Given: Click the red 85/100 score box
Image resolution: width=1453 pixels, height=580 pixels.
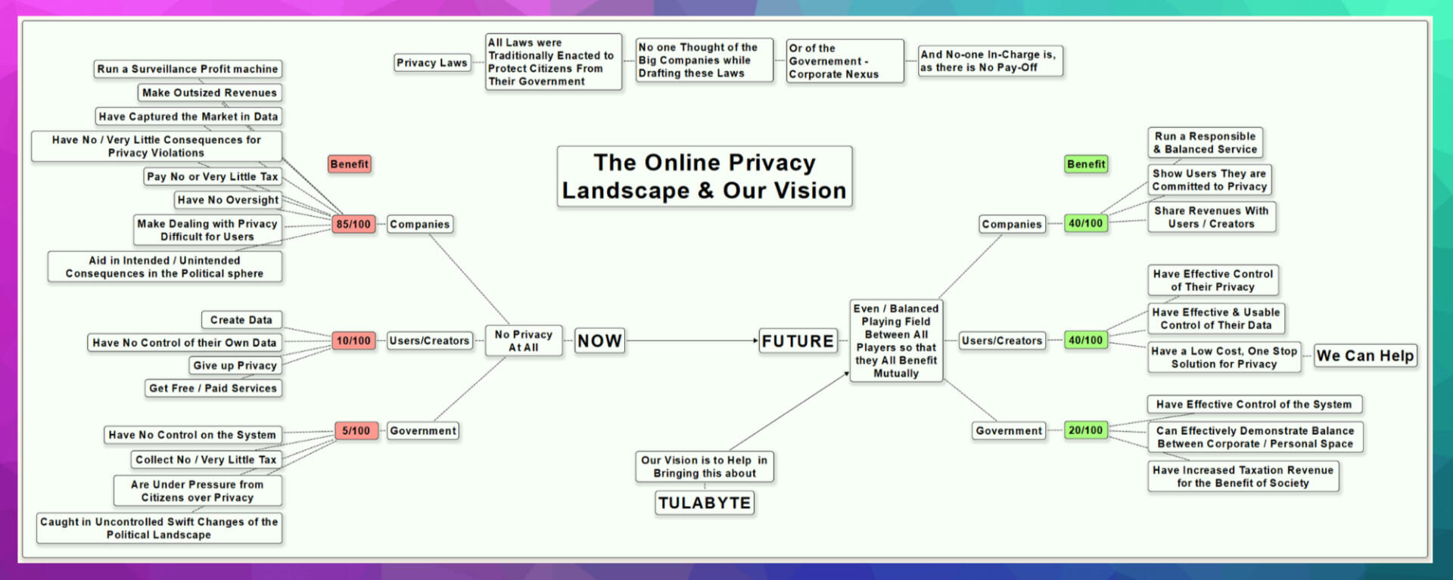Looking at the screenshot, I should pos(353,224).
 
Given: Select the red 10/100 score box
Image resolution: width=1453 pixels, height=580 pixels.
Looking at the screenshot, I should pos(353,341).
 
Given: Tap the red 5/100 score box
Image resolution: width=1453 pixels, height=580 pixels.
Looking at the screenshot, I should pos(356,431).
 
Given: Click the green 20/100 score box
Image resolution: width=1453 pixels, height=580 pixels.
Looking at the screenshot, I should pos(1085,430).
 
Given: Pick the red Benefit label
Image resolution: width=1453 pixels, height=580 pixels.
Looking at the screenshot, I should pos(349,164).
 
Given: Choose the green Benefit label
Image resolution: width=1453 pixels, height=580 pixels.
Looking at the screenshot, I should pos(1086,164).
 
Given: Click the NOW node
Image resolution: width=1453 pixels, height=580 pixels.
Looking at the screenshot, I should pos(599,341).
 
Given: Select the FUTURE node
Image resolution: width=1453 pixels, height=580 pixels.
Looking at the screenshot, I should pos(798,341).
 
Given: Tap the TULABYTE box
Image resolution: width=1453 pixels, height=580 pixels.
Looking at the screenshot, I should pos(704,503).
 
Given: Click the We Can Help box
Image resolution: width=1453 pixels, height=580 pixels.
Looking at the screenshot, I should pos(1365,355).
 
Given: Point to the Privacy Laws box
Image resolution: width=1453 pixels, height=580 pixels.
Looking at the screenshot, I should pos(432,63).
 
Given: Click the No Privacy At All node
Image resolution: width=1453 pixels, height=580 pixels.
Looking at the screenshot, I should pos(523,341).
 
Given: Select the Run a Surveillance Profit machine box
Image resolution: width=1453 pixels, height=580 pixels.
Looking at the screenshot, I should pos(188,69).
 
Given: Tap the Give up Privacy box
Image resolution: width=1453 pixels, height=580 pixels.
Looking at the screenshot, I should pos(235,365).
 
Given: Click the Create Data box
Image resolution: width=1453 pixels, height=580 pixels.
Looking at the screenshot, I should pos(241,320).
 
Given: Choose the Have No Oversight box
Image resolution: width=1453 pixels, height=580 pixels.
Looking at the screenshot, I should pos(228,200).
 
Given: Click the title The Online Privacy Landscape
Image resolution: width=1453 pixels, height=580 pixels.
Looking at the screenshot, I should pos(704,176).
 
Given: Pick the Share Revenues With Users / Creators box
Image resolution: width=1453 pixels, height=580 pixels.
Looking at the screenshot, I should pos(1211,217).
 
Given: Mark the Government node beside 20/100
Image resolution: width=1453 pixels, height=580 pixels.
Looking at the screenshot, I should pos(1009,430).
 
